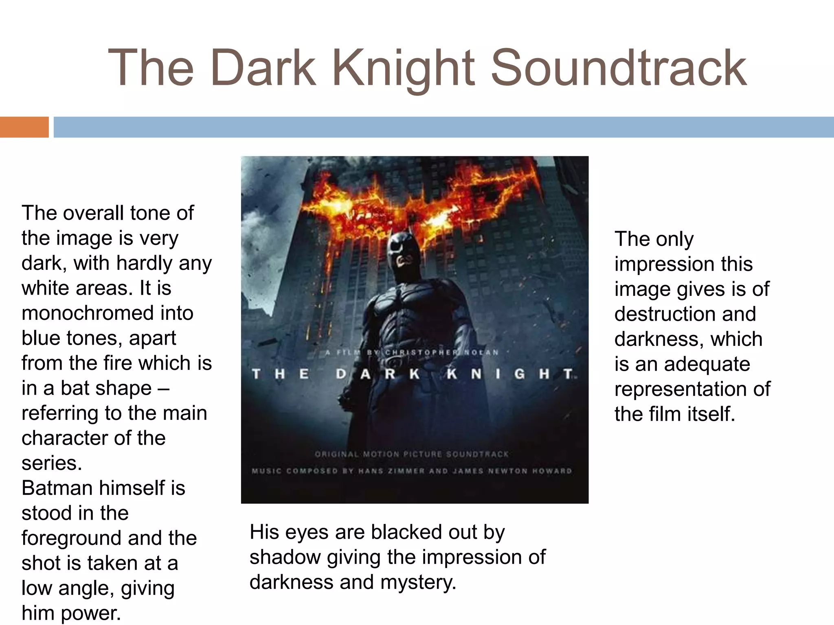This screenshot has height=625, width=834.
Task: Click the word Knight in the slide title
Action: (x=403, y=68)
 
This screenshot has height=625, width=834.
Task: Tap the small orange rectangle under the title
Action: (x=24, y=127)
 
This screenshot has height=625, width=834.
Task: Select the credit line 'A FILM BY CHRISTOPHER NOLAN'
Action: (x=412, y=352)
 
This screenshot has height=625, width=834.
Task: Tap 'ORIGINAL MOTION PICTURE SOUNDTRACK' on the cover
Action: (x=412, y=454)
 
